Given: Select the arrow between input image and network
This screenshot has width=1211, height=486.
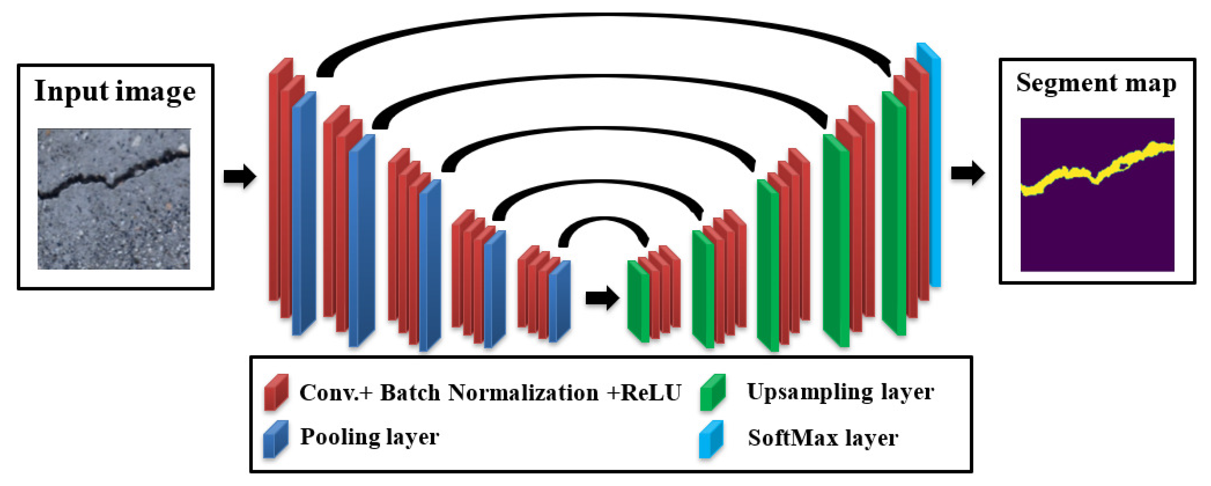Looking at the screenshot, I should click(x=240, y=177).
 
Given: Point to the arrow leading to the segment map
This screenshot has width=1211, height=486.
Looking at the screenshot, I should click(x=968, y=173).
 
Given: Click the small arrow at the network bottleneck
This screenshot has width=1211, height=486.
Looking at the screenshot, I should click(x=602, y=298).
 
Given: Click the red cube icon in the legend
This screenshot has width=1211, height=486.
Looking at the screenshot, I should click(x=276, y=392).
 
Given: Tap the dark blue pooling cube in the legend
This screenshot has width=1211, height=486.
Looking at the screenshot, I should click(x=276, y=438).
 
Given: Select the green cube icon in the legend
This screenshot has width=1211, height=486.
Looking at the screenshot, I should click(x=712, y=392).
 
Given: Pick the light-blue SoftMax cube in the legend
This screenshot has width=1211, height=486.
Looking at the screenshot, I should click(x=711, y=438).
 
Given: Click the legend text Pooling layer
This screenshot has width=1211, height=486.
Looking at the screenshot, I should click(x=370, y=437).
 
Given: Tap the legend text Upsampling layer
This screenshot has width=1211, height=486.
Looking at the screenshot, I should click(x=840, y=392).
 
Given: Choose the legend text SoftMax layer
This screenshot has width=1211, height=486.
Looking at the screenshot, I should click(x=823, y=438).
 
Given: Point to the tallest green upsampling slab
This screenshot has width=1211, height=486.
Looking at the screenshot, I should click(x=893, y=214).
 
